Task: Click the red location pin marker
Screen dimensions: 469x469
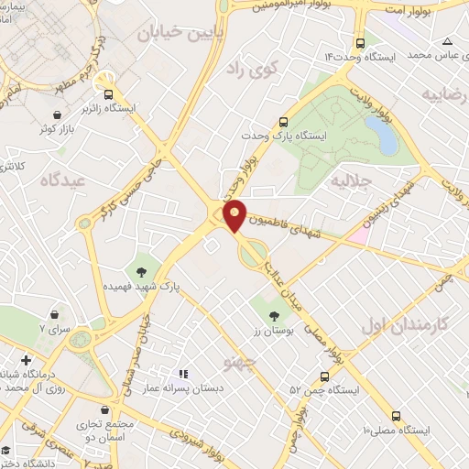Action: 234,215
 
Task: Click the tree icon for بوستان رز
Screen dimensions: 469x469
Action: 273,317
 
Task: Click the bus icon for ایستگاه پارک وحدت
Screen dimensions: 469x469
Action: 283,122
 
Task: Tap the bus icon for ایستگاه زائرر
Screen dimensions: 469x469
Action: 109,93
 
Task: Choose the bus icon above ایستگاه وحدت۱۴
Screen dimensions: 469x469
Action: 360,42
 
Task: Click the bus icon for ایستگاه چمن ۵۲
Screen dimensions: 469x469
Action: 324,376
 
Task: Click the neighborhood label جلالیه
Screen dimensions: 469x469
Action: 349,179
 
